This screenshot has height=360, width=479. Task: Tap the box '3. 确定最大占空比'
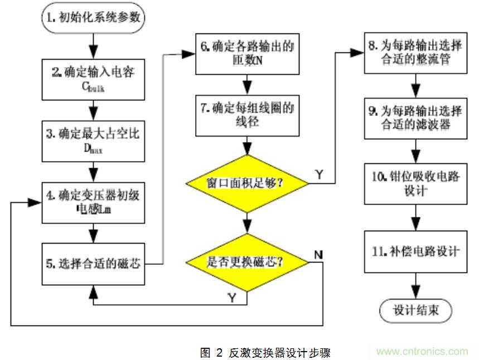93,141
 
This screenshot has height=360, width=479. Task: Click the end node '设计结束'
415,310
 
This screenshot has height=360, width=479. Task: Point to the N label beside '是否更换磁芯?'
318,255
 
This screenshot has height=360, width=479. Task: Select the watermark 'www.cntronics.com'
422,351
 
